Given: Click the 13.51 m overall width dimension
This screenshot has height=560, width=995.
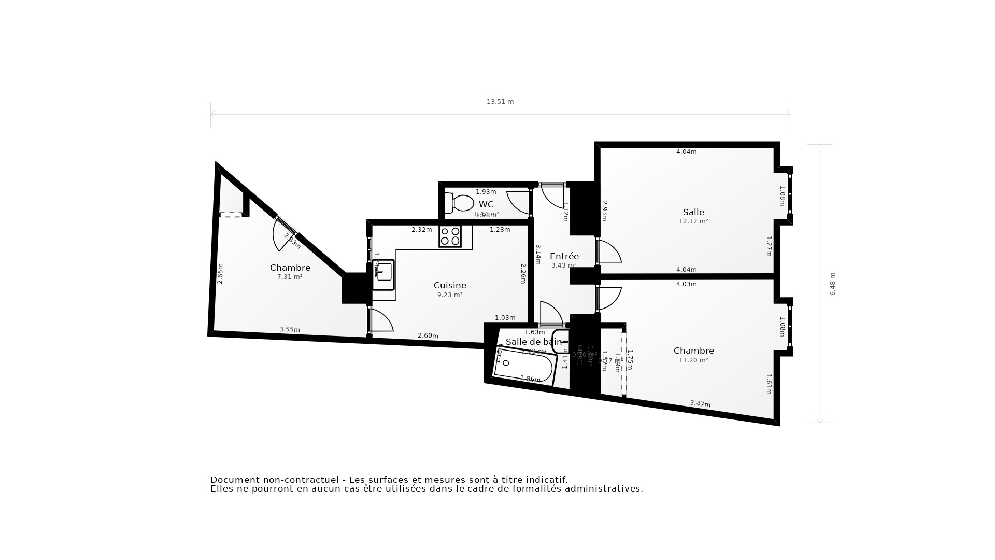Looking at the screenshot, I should [x=500, y=102].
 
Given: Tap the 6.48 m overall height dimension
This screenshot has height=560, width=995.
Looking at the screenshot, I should [x=833, y=284].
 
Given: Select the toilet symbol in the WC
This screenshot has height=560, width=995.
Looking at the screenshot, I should [x=460, y=203].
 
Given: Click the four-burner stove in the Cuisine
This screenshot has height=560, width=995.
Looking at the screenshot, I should [x=450, y=236].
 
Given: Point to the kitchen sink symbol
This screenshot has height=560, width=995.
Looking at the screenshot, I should [x=383, y=273].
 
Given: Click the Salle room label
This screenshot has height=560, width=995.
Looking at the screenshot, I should [x=693, y=212].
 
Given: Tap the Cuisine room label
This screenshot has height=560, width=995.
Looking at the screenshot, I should [x=450, y=285].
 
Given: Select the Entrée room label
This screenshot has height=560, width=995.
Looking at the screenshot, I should [x=564, y=256].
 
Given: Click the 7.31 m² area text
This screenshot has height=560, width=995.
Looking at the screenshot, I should [x=290, y=277].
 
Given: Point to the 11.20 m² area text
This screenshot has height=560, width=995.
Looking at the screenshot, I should [x=693, y=360].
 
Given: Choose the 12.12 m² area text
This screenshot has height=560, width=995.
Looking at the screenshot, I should [x=693, y=221].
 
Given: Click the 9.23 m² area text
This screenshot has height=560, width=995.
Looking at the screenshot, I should [x=450, y=295].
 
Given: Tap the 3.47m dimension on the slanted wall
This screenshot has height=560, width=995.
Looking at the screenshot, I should [x=700, y=403].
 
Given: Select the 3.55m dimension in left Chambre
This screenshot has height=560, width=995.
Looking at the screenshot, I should [x=289, y=329].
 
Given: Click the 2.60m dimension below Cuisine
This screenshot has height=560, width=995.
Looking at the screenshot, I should [x=428, y=335].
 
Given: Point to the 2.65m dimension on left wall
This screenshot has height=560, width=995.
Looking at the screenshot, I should [x=220, y=273].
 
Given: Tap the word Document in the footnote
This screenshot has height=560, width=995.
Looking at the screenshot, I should [x=233, y=480].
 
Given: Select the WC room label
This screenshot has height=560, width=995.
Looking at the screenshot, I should [x=486, y=204].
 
